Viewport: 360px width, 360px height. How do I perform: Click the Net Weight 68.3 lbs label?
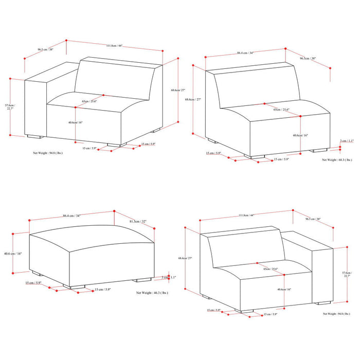click(x=337, y=160)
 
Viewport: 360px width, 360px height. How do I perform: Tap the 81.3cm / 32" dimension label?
click(x=138, y=222)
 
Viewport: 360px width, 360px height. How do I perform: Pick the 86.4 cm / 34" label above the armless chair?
click(x=245, y=53)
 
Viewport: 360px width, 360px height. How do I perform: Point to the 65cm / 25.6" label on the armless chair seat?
click(x=281, y=110)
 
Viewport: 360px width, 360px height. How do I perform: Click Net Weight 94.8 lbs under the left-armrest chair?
click(x=48, y=153)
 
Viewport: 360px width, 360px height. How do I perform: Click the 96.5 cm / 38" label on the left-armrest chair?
click(x=45, y=50)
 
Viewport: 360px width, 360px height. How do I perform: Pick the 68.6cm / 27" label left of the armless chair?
click(x=198, y=99)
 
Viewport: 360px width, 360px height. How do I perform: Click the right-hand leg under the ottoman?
click(x=143, y=280)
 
